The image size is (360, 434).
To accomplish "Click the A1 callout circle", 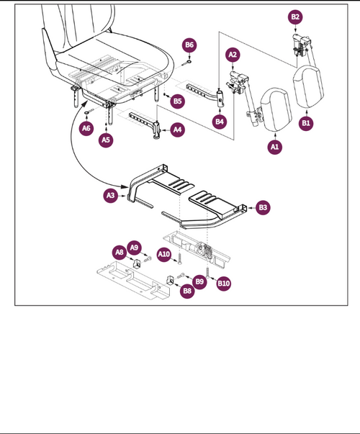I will pos(274,146).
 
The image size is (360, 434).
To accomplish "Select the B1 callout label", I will pos(306,124).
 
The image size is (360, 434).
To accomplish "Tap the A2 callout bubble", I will pos(233,54).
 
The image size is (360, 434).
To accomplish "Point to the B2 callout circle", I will pos(295,17).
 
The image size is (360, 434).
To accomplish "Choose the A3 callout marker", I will pos(111,195).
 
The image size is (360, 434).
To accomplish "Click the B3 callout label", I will pos(263,207).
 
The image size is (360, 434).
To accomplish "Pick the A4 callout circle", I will pos(177,130).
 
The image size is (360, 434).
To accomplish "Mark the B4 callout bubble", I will pos(220,122).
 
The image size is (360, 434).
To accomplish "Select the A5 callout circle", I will pos(106,139).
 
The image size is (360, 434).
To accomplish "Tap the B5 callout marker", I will pos(176,101).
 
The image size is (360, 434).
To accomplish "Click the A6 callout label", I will pos(86,128).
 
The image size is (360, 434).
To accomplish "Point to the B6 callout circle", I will pos(189,45).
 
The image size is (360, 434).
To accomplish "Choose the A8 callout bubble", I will pos(120,252).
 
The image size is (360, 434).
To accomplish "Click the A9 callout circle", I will pos(135,248).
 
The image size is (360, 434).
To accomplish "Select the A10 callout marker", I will pos(164,254).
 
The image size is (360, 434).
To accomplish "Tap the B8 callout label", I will pos(186,291).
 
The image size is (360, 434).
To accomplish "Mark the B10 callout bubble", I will pos(224,284).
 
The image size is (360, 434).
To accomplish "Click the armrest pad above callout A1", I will pos(276,109).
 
